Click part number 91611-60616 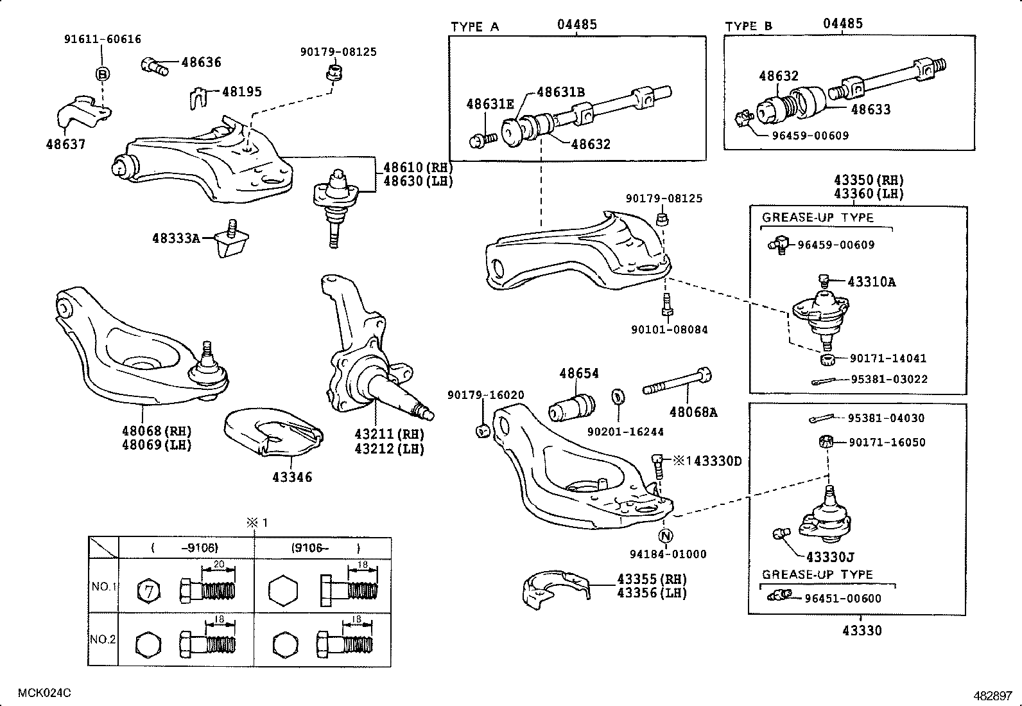coord(102,39)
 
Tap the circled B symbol coord(103,75)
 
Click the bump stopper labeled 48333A coord(232,241)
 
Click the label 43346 coord(292,477)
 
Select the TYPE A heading coord(474,27)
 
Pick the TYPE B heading coord(749,26)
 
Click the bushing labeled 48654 coord(572,409)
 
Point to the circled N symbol coord(666,536)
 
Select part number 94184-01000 coord(668,554)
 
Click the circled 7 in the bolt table coord(149,591)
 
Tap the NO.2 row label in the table coord(103,639)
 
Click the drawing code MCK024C coord(44,693)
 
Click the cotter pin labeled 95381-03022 coord(824,382)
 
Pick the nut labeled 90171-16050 coord(827,441)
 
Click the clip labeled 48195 coord(201,98)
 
